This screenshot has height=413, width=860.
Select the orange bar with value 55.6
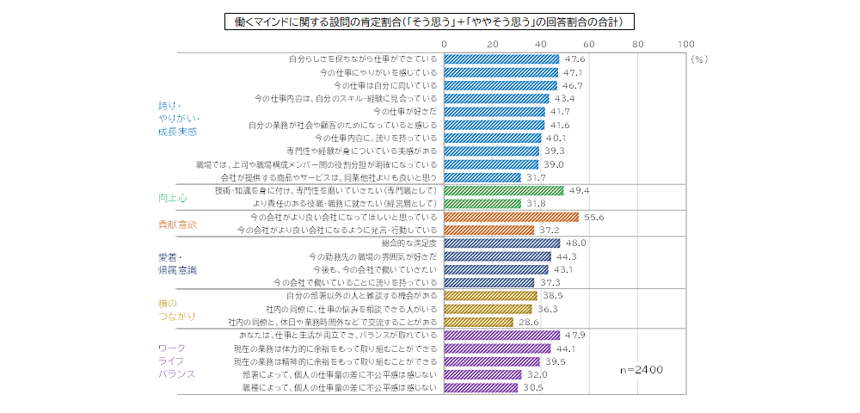click(511, 218)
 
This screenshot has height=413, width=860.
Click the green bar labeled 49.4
click(503, 190)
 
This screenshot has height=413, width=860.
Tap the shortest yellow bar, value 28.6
click(478, 322)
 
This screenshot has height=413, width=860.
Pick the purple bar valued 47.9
click(501, 336)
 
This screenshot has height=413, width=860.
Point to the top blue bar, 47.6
click(501, 59)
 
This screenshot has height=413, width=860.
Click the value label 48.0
click(574, 243)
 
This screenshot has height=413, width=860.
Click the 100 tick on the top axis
click(685, 43)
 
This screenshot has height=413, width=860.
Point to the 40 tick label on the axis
click(541, 43)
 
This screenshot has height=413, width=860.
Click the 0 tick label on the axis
click(444, 43)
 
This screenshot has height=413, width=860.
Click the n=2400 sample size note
click(642, 369)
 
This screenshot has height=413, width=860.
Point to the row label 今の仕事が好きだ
click(405, 112)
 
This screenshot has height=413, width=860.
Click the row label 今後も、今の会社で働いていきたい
click(378, 269)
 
